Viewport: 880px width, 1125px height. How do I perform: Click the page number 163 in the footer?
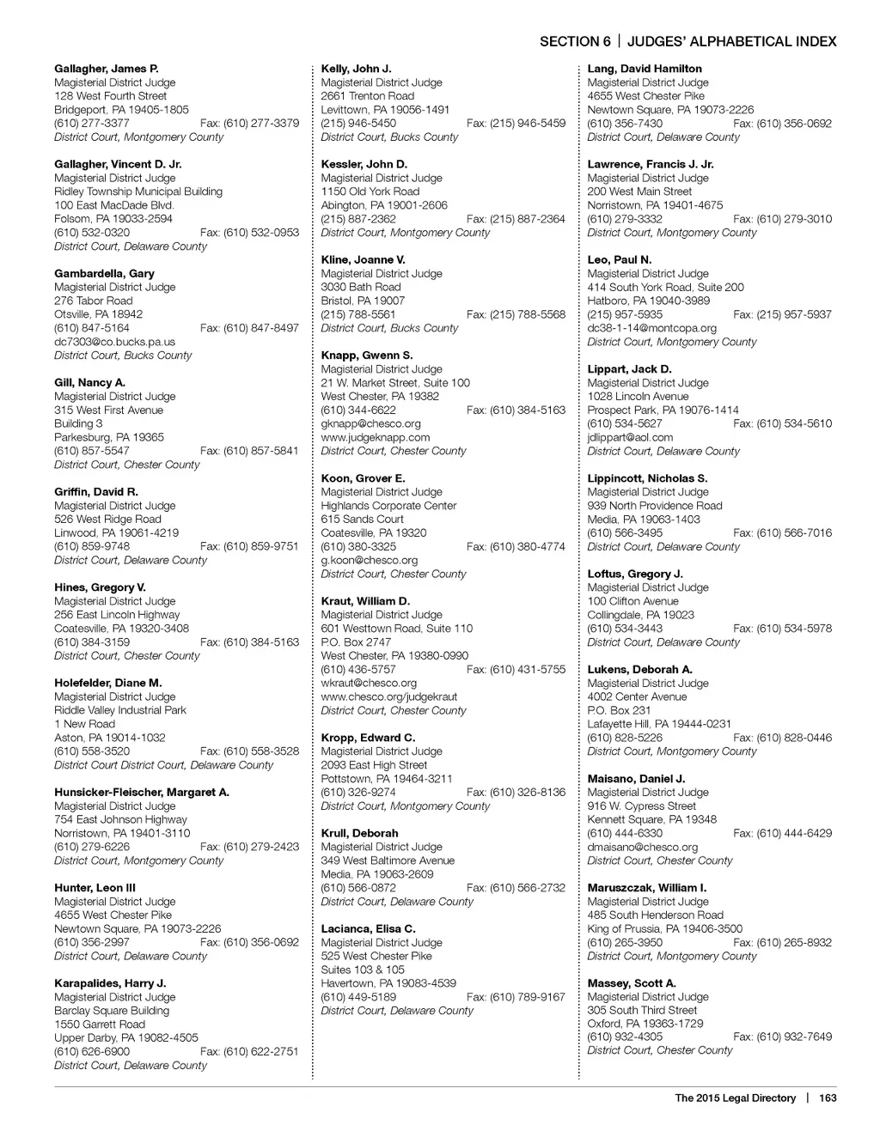pos(828,1098)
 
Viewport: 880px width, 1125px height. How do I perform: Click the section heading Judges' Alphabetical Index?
pos(731,41)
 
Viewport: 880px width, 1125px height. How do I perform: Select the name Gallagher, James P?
pos(107,69)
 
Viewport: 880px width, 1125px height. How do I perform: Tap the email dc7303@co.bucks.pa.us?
pos(114,342)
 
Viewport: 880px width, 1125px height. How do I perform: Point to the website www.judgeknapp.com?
pos(376,437)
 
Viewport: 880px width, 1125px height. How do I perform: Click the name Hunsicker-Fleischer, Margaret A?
pos(142,792)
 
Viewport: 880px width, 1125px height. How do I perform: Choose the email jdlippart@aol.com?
pos(630,437)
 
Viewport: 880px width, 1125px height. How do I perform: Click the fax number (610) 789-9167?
pos(516,997)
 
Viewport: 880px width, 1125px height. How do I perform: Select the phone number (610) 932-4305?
pos(625,1037)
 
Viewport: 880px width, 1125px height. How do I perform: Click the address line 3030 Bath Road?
pos(361,287)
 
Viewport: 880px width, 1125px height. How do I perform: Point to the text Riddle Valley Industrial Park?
pos(120,710)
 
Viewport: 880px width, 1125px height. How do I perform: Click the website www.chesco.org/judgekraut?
pos(389,696)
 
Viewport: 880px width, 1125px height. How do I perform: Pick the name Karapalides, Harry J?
pos(110,983)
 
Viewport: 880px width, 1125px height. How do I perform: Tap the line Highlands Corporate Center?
pos(388,506)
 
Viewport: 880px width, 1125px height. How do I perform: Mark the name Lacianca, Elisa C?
pos(368,928)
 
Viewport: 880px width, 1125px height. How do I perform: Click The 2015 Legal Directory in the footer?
pos(735,1098)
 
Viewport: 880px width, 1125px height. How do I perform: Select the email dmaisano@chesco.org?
pos(643,847)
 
